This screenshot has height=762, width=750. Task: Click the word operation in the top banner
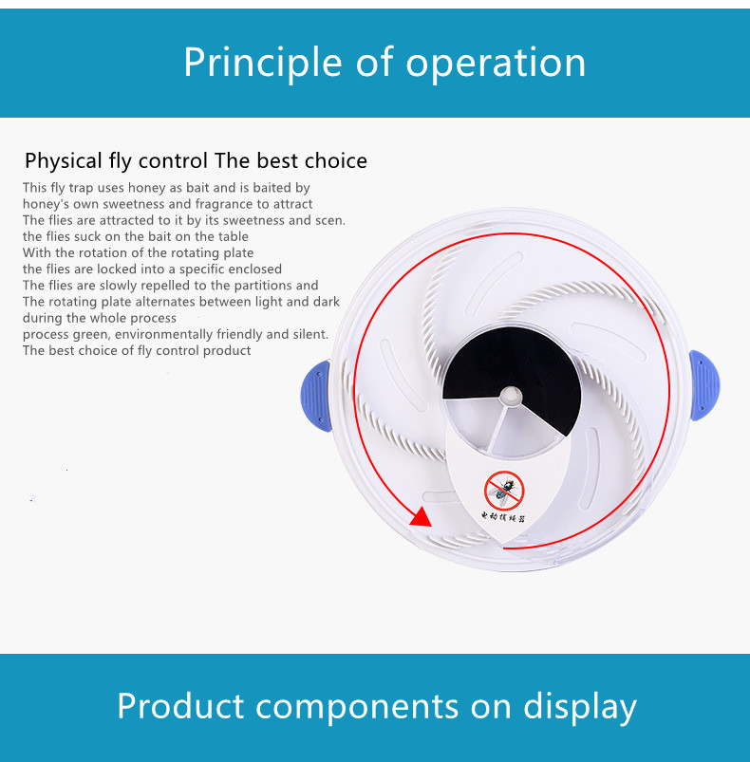497,63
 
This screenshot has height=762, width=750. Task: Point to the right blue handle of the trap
703,384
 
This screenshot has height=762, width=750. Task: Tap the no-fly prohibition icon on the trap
504,491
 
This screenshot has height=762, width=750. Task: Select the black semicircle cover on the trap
513,370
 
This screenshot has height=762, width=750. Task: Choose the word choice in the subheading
335,160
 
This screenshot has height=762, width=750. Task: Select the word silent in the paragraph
307,334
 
